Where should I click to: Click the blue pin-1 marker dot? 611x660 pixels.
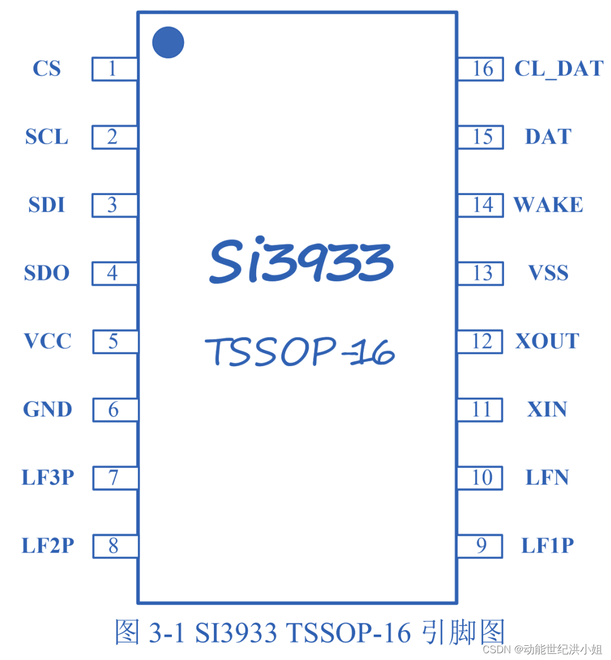click(x=168, y=42)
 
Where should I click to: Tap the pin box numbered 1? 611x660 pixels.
click(x=114, y=69)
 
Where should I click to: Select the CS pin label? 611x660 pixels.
click(x=46, y=69)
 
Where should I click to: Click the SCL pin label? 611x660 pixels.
click(x=46, y=137)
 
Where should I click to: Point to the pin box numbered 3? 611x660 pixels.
click(x=114, y=205)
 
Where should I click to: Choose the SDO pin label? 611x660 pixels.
click(x=46, y=273)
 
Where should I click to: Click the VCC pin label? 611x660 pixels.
click(x=48, y=341)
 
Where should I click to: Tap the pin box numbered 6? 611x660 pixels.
click(x=115, y=410)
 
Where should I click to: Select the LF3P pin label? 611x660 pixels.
click(x=48, y=477)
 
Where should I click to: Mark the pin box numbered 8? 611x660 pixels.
click(x=115, y=546)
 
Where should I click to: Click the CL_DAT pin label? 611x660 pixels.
click(x=558, y=69)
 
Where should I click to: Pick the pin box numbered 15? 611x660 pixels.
click(x=480, y=137)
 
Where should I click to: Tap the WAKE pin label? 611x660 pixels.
click(x=548, y=205)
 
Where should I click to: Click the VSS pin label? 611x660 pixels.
click(x=548, y=273)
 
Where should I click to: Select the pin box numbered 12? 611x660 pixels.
click(x=480, y=341)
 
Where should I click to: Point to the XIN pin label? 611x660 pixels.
click(x=547, y=410)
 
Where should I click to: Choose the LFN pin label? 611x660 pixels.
click(x=547, y=477)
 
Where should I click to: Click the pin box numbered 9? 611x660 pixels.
click(x=480, y=546)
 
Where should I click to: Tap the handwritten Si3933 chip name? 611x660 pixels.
click(x=301, y=261)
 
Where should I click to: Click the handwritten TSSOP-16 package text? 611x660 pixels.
click(x=300, y=351)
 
